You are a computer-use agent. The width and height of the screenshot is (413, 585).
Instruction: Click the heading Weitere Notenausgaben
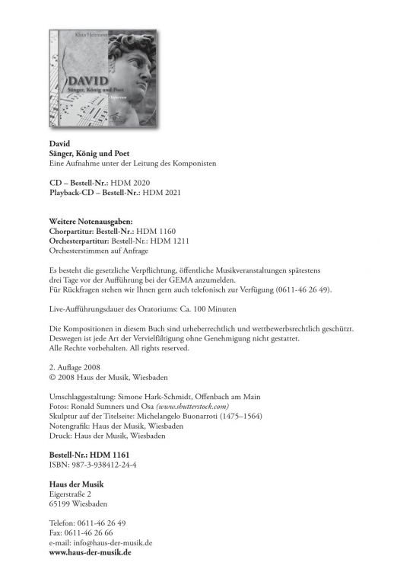click(90, 221)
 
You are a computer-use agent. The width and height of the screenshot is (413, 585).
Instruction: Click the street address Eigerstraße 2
click(71, 494)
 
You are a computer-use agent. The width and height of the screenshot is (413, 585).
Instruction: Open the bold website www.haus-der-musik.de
click(89, 553)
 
